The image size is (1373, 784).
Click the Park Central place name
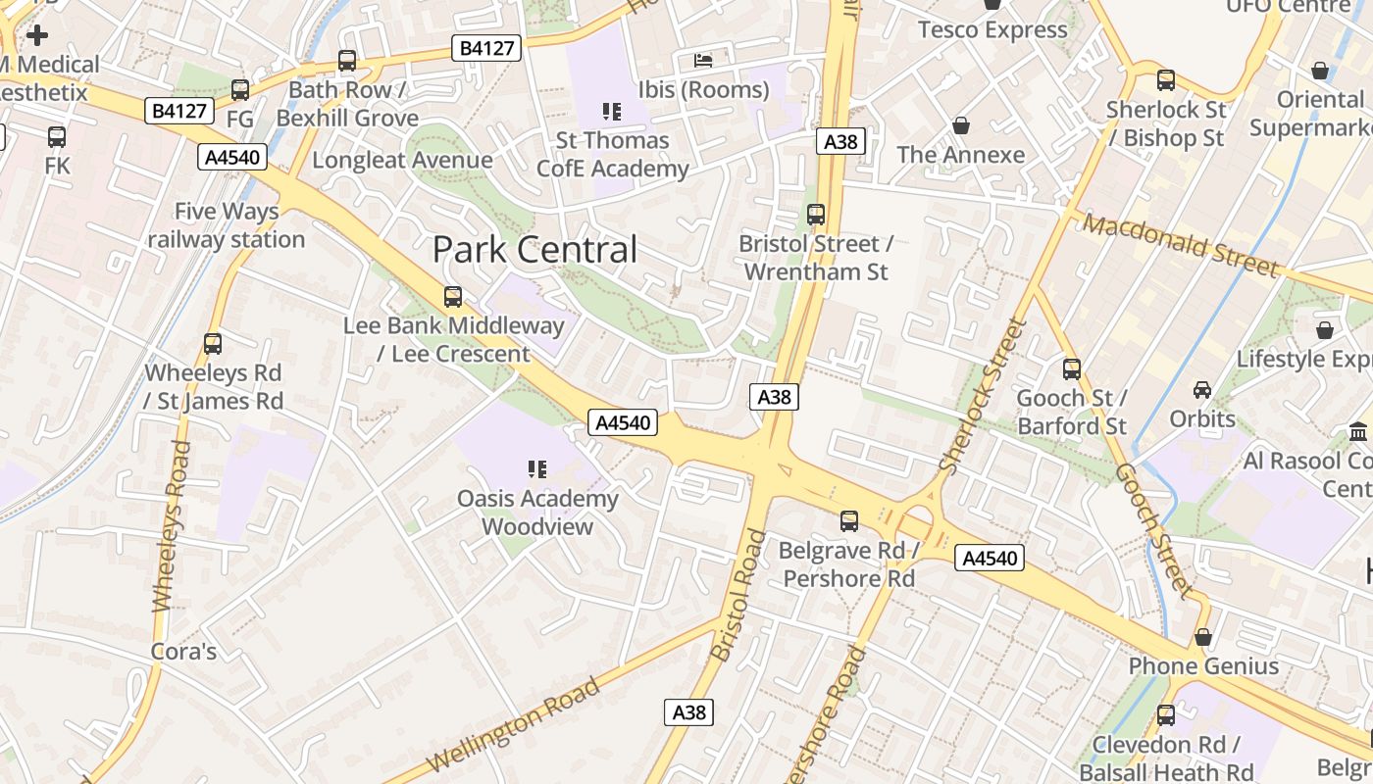point(534,250)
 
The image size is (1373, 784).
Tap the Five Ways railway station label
point(227,225)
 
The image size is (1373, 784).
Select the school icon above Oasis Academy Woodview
point(536,469)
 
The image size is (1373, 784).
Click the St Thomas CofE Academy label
point(613,155)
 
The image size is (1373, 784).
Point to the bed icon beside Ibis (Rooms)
point(703,61)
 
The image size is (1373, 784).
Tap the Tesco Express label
point(992,30)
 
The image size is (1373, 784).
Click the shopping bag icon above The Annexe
point(961,126)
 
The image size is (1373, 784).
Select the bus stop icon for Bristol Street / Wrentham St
point(815,215)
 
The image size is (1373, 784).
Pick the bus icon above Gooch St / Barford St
point(1072,369)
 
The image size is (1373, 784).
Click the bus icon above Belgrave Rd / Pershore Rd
point(849,521)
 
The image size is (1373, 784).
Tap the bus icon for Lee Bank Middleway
point(452,297)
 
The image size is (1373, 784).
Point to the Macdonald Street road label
point(1181,245)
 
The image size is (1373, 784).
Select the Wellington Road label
point(513,723)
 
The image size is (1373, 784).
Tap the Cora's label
point(183,652)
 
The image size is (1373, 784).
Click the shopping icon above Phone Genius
point(1203,638)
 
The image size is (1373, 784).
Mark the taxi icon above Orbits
point(1202,390)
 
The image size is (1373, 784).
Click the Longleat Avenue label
point(402,160)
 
